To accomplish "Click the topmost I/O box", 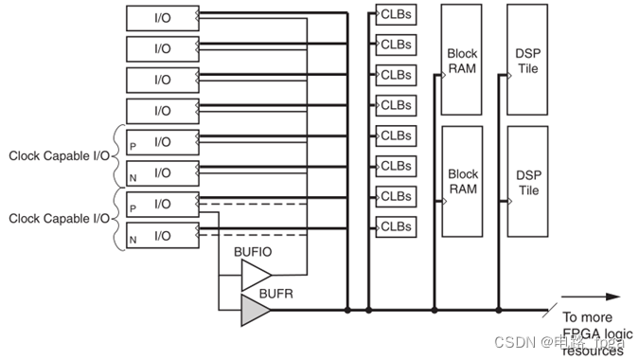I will [163, 16].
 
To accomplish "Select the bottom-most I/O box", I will [163, 234].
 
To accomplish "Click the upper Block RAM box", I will [463, 63].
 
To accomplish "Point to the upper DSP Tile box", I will [528, 63].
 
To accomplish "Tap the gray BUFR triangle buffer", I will [253, 310].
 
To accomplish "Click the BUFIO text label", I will [253, 252].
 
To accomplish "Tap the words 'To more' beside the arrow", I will [587, 317].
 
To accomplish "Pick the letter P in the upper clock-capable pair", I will [133, 143].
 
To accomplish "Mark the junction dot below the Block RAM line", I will [434, 310].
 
